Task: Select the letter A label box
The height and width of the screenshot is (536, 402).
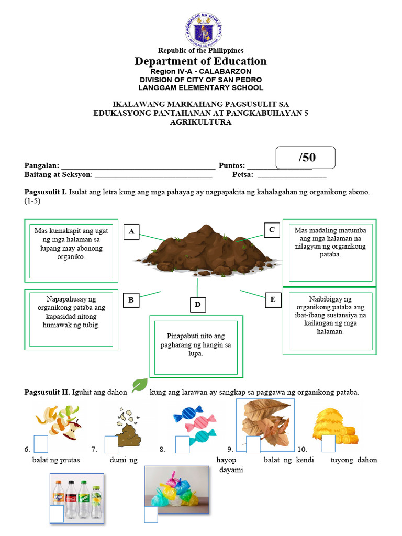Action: pyautogui.click(x=131, y=231)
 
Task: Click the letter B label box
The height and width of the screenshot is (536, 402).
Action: pyautogui.click(x=131, y=300)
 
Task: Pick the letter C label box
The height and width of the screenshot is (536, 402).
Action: pyautogui.click(x=272, y=230)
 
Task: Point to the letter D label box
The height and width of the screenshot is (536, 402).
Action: pyautogui.click(x=197, y=305)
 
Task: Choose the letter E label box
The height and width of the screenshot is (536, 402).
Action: pyautogui.click(x=272, y=299)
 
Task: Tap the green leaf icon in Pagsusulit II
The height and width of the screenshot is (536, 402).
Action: pyautogui.click(x=140, y=385)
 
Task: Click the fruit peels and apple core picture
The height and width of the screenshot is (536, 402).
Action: pyautogui.click(x=58, y=421)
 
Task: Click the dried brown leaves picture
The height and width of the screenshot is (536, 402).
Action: pyautogui.click(x=266, y=423)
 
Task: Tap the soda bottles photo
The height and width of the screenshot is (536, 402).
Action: pyautogui.click(x=77, y=497)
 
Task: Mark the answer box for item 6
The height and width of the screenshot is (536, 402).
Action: pyautogui.click(x=41, y=444)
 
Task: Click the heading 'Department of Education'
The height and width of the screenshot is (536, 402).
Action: pyautogui.click(x=200, y=61)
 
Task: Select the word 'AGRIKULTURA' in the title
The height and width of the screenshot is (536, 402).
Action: pyautogui.click(x=200, y=122)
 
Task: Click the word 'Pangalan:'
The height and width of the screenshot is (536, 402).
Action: pyautogui.click(x=42, y=165)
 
